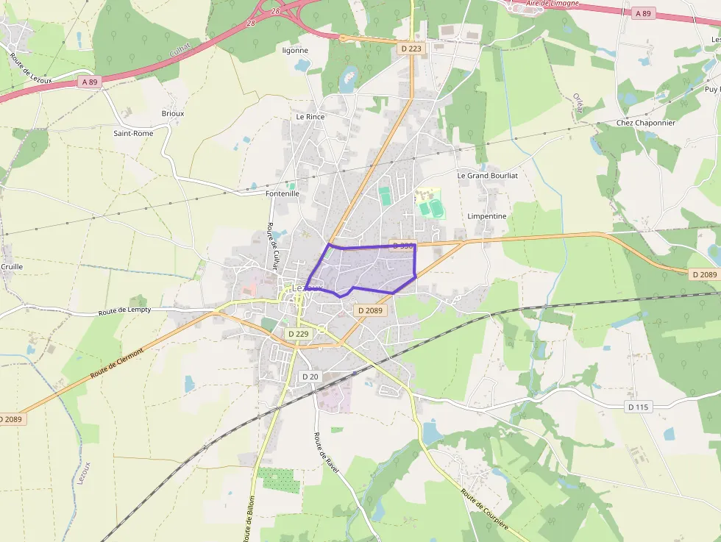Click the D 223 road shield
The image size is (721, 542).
coord(412,49)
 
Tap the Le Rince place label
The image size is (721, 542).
coord(310,116)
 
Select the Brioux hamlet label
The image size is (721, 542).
coord(172,113)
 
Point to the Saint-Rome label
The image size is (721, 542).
coord(133,133)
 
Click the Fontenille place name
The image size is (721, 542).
coord(282,193)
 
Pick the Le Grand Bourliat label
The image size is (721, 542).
coord(488,176)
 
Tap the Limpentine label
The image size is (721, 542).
coord(487,216)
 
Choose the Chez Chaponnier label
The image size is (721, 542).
coord(645,123)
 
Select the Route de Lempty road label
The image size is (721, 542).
coord(124,311)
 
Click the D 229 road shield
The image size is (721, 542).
coord(299,333)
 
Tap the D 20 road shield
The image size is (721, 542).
coord(310,377)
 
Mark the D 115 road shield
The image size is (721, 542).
coord(639,407)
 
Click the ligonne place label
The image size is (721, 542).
coord(295,51)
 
